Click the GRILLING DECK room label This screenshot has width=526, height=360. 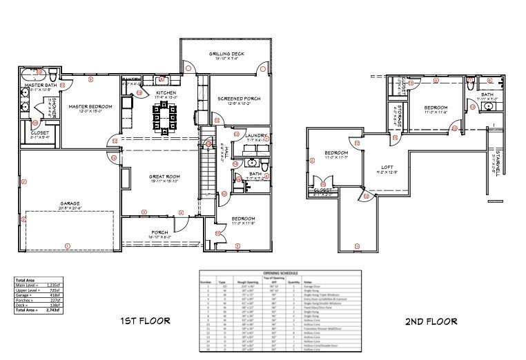(x=224, y=54)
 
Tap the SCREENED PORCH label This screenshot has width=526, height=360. (x=238, y=99)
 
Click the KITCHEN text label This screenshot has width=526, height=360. (x=166, y=92)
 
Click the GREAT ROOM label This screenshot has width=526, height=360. (x=164, y=177)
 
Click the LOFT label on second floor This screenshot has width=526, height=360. (x=387, y=168)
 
